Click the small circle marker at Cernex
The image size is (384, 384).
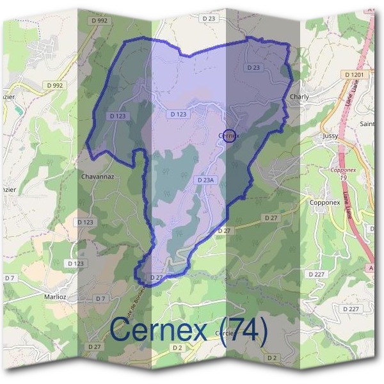232,135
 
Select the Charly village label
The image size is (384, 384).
299,97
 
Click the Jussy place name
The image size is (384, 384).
330,136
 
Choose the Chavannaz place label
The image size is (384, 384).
97,176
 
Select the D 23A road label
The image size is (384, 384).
205,181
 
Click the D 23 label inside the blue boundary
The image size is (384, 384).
253,67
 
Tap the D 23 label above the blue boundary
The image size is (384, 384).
209,19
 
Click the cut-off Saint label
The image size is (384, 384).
368,124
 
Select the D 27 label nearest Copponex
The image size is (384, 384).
271,218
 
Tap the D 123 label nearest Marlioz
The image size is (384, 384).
75,263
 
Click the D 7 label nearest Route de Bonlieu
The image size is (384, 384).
101,298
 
